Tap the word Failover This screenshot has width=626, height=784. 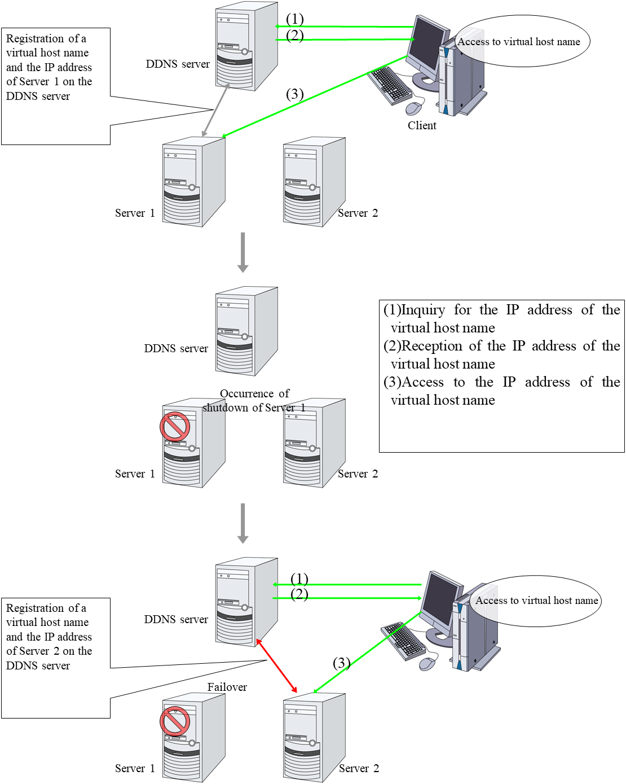[227, 687]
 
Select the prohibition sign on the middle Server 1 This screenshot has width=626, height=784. [175, 427]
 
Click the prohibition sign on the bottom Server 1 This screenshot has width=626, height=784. [175, 721]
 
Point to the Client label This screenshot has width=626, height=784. [422, 125]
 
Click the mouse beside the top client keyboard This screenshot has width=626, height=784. [415, 107]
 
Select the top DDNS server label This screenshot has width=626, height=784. [178, 64]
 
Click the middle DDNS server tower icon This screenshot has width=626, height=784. [246, 331]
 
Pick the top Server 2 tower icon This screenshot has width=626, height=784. [314, 182]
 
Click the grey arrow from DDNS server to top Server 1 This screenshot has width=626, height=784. [215, 111]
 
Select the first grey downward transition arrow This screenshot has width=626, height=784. [243, 252]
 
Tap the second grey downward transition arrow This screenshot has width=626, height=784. [243, 523]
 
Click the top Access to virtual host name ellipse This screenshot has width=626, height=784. [522, 41]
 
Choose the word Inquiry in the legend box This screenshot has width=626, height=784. [423, 310]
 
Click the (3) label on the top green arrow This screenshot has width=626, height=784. [294, 94]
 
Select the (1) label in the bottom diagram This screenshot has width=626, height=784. [299, 579]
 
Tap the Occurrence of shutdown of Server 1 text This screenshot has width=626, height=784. [254, 400]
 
